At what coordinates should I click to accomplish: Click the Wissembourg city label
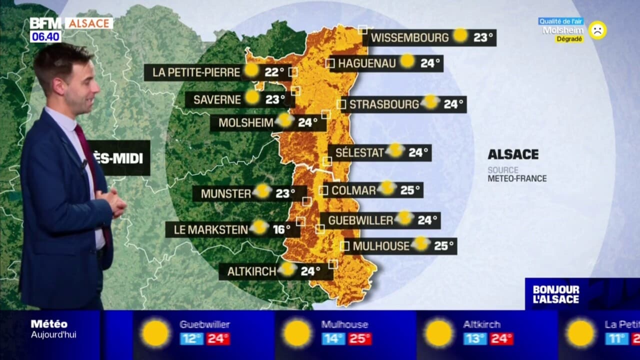coord(409,37)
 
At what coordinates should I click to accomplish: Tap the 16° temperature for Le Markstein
coord(281,229)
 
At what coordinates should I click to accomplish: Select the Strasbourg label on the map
coord(383,104)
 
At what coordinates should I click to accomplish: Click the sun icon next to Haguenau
coord(407,61)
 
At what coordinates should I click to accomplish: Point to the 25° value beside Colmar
coord(410,190)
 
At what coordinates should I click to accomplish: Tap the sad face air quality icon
coord(597,30)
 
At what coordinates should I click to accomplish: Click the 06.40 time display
coord(45,36)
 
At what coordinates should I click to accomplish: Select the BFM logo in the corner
coord(45,23)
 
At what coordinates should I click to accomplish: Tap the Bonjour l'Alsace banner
coord(555,294)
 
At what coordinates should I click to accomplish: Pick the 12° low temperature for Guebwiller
coord(191,339)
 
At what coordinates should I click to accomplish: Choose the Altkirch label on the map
coord(251,271)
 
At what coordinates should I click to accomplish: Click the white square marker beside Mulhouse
coord(344,246)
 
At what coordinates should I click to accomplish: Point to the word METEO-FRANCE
coord(517,178)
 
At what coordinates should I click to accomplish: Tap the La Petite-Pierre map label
coord(196,72)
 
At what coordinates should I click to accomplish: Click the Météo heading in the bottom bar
coord(49,324)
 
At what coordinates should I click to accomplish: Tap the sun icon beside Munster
coord(262,191)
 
